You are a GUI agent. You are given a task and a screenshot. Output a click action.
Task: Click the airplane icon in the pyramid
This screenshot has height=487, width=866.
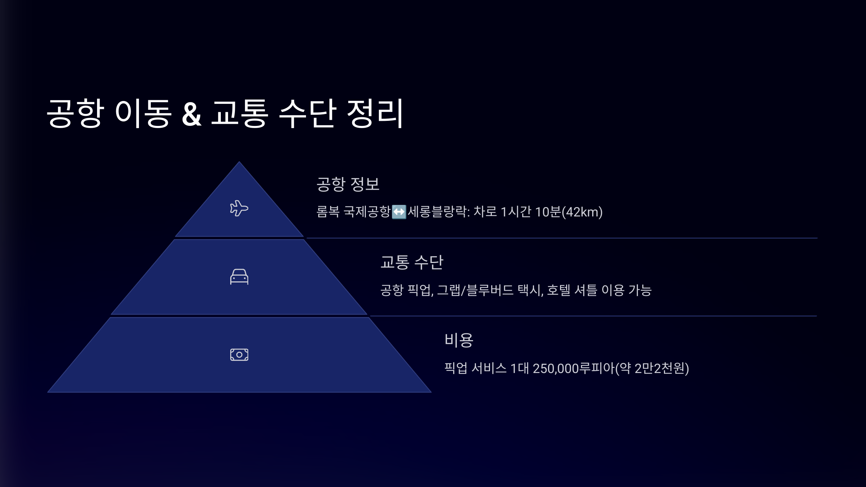(239, 208)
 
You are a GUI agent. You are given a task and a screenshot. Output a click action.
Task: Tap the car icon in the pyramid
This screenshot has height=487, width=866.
(239, 277)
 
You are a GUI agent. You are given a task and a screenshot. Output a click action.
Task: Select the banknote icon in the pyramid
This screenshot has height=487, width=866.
(239, 355)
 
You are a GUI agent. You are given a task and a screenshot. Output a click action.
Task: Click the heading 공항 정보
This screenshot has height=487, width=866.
(348, 184)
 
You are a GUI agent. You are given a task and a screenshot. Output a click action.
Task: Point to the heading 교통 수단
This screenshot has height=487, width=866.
(412, 262)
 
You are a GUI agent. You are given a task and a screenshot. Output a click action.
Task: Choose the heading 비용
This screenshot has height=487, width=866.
(459, 340)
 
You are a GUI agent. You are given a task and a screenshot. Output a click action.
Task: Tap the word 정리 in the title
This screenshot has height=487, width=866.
(375, 113)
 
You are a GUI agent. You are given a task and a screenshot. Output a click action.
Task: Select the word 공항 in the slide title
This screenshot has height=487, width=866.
(75, 113)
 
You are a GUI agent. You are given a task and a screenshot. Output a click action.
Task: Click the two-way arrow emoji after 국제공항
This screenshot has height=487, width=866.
(399, 212)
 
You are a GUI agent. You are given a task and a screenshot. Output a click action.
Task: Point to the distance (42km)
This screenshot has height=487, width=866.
(582, 212)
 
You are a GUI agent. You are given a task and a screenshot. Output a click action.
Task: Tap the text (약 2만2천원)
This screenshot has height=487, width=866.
(652, 368)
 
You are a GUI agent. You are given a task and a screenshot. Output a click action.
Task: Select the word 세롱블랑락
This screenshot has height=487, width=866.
(437, 212)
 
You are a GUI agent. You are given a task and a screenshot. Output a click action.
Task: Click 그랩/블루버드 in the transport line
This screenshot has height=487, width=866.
(475, 290)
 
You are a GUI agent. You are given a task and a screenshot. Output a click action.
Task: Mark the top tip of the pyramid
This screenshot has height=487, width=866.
(239, 162)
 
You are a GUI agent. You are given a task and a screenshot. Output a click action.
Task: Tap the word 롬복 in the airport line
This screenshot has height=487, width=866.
(328, 212)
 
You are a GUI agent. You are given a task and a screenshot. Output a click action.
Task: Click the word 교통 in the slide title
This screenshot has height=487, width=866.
(240, 113)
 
